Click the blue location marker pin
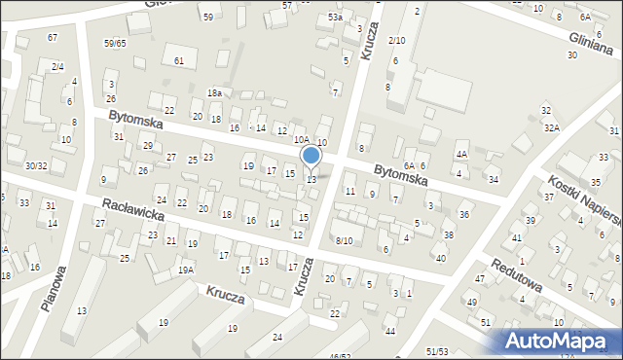click(311, 156)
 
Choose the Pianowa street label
click(53, 288)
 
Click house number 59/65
click(116, 44)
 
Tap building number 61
click(179, 61)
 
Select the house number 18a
click(214, 92)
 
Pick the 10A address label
click(302, 140)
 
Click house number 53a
click(335, 18)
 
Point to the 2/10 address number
click(396, 40)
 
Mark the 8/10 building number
click(344, 240)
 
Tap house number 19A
click(185, 270)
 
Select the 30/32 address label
click(36, 166)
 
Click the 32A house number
click(552, 127)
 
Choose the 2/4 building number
click(57, 66)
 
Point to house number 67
click(53, 37)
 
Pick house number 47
click(479, 279)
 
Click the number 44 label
click(390, 332)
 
